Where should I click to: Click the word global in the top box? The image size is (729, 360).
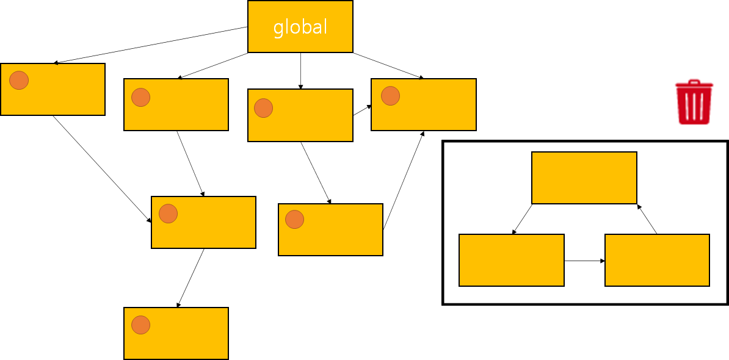coord(300,27)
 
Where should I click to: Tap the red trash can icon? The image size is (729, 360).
coord(694,104)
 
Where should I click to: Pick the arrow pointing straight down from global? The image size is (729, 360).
coord(300,71)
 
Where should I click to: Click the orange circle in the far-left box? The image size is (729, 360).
coord(19,80)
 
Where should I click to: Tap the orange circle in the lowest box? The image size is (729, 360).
coord(141,325)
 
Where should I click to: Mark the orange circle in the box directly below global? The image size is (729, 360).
coord(263,108)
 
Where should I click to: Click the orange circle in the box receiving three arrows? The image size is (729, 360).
coord(390,96)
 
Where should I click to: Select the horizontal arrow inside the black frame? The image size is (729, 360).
coord(584,261)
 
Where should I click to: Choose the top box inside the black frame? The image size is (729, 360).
coord(584,178)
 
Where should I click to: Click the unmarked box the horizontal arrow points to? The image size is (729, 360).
coord(657,260)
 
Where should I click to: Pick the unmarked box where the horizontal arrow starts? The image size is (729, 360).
coord(511,260)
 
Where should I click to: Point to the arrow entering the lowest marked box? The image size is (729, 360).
coord(190,278)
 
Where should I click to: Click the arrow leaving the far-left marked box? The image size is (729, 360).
coord(102,168)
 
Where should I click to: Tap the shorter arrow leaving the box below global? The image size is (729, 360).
coord(362,110)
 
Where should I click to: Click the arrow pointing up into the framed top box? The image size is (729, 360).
coord(647,219)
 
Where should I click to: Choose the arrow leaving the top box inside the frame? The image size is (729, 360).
coord(522,219)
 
